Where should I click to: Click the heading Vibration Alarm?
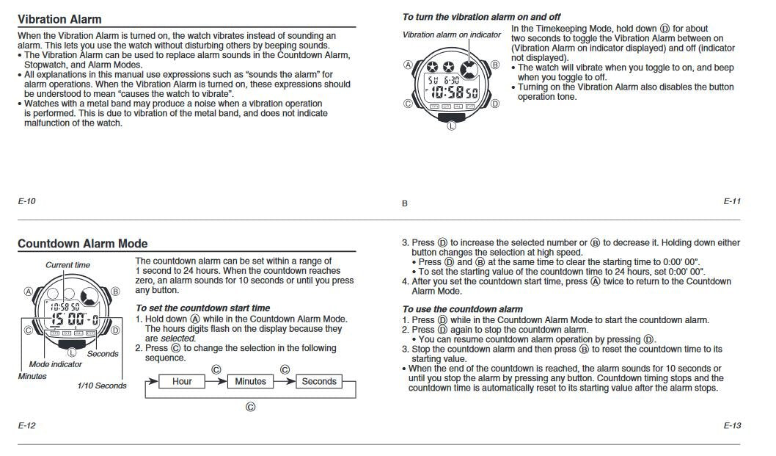(x=59, y=19)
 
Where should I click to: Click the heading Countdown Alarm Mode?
(x=82, y=244)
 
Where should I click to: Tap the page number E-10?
(x=26, y=201)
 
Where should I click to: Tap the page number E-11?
(x=732, y=201)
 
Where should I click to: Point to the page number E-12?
(x=26, y=425)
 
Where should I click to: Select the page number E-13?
(x=732, y=425)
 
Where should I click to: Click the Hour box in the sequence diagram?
(x=182, y=381)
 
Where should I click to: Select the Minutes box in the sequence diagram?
(x=250, y=381)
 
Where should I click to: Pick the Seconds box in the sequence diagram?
(x=319, y=381)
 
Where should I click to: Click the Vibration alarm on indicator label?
(x=452, y=35)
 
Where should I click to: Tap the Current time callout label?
(x=67, y=265)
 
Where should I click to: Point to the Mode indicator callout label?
(x=56, y=364)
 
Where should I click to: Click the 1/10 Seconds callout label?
(x=102, y=386)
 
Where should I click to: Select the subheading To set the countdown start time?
(x=202, y=308)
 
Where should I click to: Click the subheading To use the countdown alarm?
(x=462, y=309)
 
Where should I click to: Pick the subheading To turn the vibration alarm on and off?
(x=481, y=16)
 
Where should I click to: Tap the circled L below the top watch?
(x=451, y=126)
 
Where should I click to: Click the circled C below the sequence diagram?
(x=250, y=407)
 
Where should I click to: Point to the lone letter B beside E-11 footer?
(x=404, y=203)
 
